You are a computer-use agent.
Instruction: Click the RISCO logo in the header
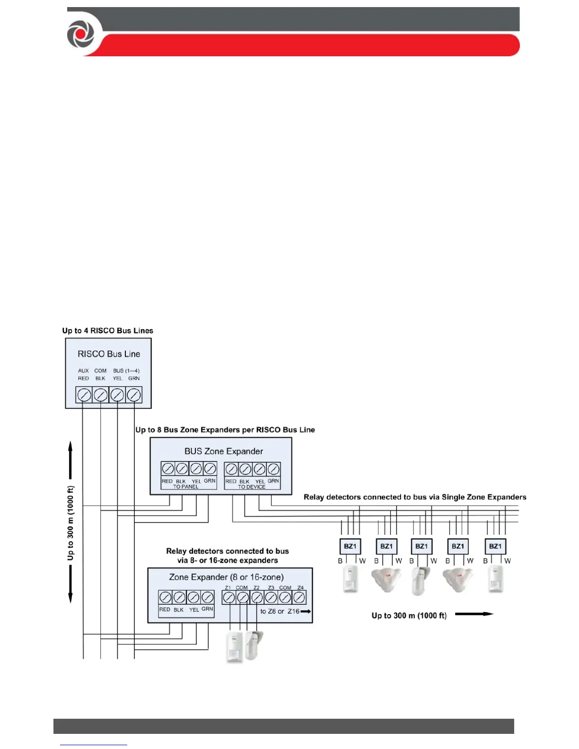click(81, 33)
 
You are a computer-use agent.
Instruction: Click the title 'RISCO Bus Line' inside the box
click(109, 354)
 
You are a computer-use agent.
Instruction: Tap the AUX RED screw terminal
click(84, 395)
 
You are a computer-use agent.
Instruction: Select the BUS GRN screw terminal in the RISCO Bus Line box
click(134, 395)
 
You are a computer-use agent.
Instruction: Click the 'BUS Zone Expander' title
click(223, 451)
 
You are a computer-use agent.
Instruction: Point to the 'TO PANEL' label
click(186, 487)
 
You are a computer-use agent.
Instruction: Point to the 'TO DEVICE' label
click(252, 487)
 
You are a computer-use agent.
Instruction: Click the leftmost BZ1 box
click(350, 546)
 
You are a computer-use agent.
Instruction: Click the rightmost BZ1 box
click(495, 546)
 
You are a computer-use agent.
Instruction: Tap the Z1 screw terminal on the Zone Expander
click(229, 598)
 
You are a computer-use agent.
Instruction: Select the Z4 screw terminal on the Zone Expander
click(299, 598)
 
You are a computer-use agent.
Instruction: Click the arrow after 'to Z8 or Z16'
click(306, 611)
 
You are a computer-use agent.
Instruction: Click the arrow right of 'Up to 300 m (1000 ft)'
click(474, 614)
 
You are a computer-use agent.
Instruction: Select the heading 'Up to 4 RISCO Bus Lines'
click(108, 331)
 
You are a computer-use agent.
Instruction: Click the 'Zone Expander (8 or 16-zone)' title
click(226, 577)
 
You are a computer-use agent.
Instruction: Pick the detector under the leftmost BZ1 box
click(350, 579)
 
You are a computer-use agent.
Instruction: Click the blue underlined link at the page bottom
click(94, 745)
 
